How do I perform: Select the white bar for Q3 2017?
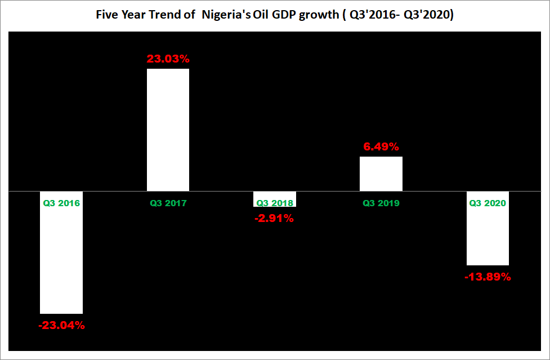point(168,130)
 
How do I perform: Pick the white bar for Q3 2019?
point(381,174)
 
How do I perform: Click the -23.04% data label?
point(61,325)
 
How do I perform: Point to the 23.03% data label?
point(168,59)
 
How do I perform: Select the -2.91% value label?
point(274,218)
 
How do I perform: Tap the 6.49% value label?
point(381,146)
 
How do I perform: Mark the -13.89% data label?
point(488,277)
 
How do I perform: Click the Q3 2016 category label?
point(61,203)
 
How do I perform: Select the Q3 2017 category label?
point(168,203)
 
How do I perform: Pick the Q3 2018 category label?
point(274,203)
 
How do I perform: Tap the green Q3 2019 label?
point(381,203)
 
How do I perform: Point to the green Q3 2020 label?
point(488,203)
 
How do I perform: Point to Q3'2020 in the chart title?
point(430,16)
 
